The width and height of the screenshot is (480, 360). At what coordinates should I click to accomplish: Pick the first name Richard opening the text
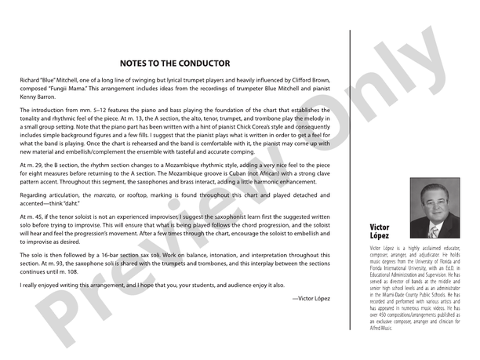coord(31,80)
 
